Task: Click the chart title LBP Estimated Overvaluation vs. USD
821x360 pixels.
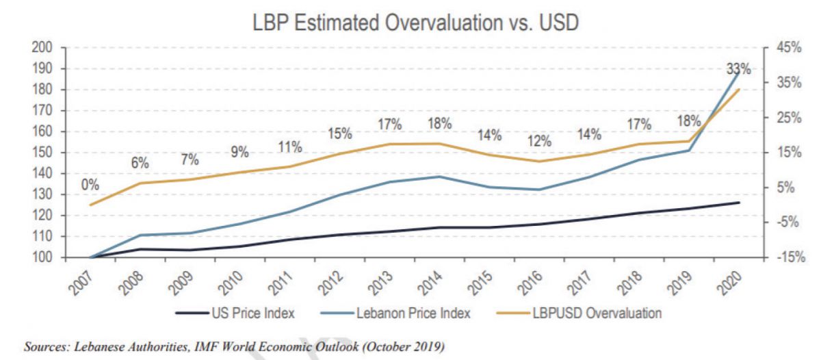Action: click(x=416, y=23)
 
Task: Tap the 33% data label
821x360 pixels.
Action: click(x=739, y=69)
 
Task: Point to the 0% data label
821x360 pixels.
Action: click(x=90, y=185)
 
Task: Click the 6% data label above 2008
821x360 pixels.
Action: click(x=140, y=163)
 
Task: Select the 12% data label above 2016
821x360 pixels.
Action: click(x=539, y=142)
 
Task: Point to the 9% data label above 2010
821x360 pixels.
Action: click(x=239, y=152)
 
